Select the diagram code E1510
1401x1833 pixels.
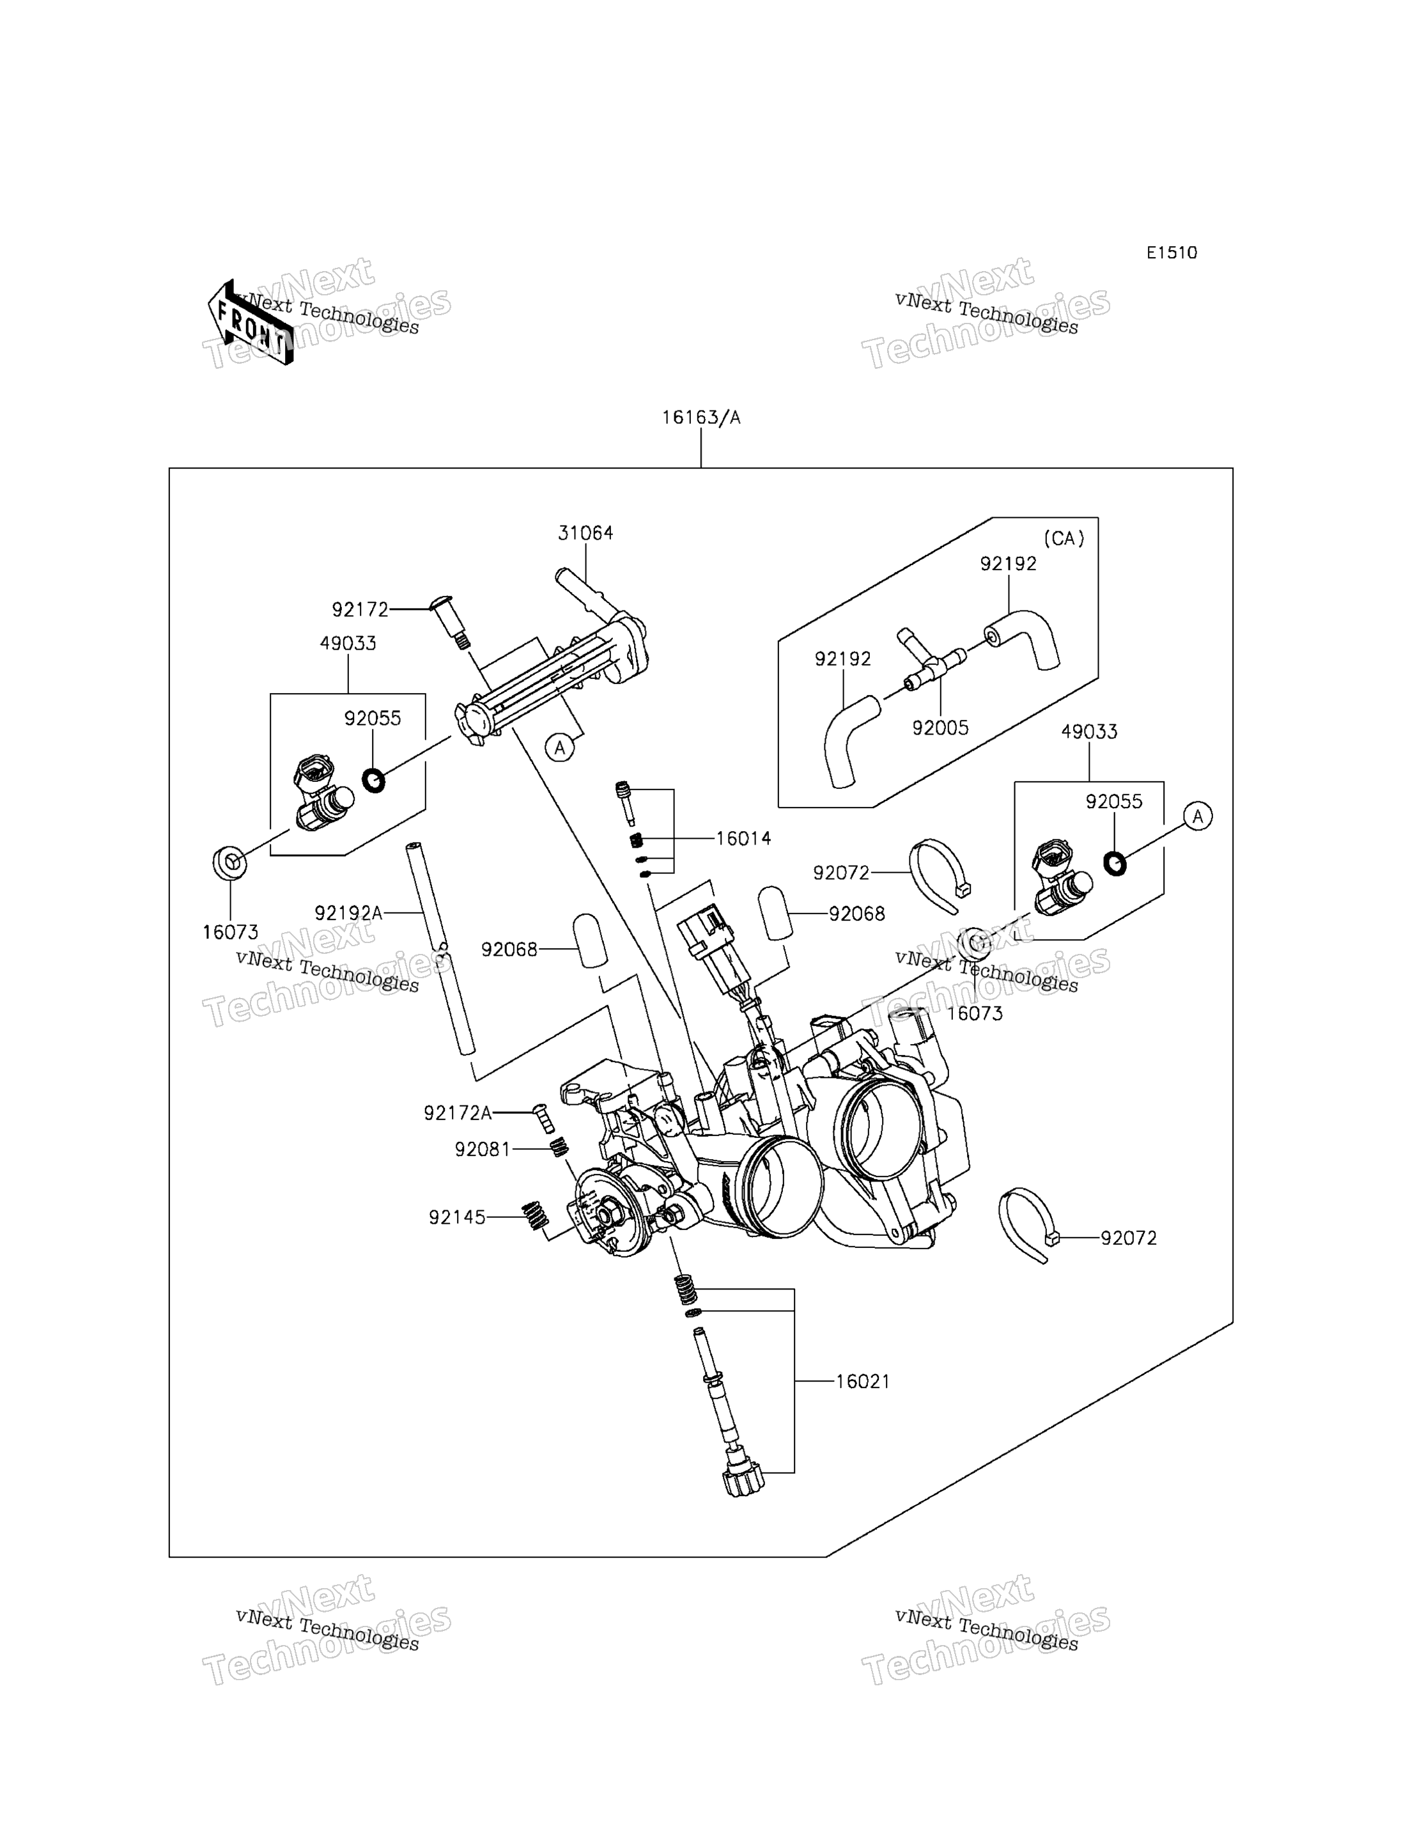pos(1171,253)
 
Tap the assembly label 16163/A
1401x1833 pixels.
pos(700,417)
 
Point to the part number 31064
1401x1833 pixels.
pos(585,533)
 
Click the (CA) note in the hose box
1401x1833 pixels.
pos(1064,539)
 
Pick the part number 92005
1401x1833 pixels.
pos(940,728)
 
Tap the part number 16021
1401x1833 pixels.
pos(862,1382)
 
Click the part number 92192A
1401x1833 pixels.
pos(348,914)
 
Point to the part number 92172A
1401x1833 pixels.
pos(458,1113)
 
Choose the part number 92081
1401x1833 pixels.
pos(482,1150)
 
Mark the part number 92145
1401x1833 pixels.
pos(457,1218)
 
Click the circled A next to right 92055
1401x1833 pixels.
pos(1198,816)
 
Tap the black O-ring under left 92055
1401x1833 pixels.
pos(374,781)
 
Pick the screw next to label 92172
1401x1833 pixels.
pos(449,621)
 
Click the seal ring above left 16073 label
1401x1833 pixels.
pos(230,862)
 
